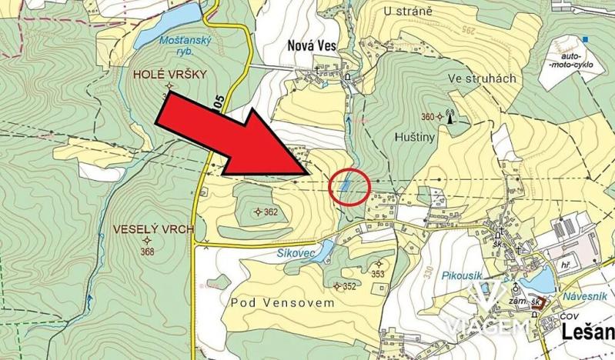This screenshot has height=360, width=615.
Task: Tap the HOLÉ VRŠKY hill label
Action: pyautogui.click(x=170, y=75)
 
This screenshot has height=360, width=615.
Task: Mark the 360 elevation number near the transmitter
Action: pyautogui.click(x=428, y=117)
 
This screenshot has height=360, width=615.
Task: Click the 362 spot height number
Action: pyautogui.click(x=270, y=212)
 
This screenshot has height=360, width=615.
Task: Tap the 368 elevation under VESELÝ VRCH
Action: pyautogui.click(x=148, y=252)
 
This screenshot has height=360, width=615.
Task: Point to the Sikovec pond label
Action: pyautogui.click(x=293, y=251)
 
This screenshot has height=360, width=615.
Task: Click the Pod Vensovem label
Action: pyautogui.click(x=283, y=303)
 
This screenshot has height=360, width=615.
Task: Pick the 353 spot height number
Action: pyautogui.click(x=377, y=273)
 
